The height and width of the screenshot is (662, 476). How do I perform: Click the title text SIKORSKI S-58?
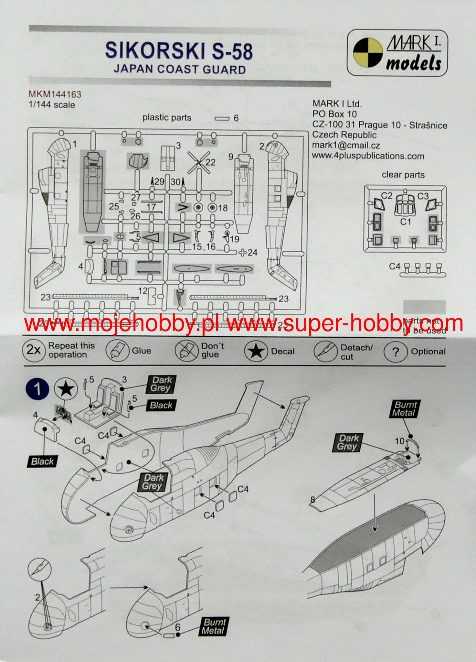(179, 51)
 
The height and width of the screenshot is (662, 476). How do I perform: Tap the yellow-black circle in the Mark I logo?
(368, 52)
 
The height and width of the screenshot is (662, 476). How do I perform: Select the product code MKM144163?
(55, 94)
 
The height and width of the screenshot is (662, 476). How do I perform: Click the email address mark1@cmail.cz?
(346, 146)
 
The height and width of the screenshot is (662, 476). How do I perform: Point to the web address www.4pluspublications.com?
(368, 156)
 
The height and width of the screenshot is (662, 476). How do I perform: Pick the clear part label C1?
(406, 222)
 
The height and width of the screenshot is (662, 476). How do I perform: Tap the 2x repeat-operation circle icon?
(34, 350)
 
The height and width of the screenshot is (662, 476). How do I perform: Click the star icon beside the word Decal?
(256, 352)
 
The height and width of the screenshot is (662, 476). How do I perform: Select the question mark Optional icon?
(395, 352)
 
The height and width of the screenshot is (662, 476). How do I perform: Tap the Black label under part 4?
(42, 461)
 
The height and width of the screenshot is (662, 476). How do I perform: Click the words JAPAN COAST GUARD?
(180, 70)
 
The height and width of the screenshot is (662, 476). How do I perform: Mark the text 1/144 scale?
(52, 105)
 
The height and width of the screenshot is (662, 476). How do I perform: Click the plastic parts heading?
(167, 118)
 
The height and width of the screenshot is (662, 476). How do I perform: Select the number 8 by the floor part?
(312, 500)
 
